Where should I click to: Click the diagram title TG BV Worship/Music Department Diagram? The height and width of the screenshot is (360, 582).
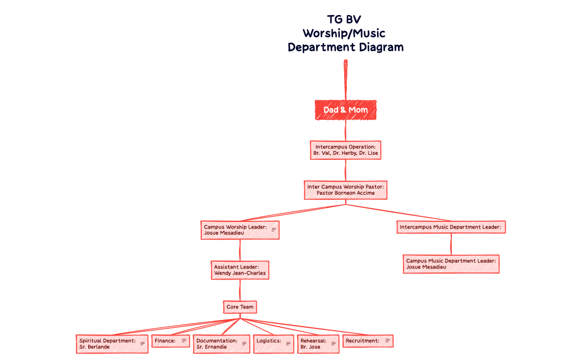(x=345, y=33)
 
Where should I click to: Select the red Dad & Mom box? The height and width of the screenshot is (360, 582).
(x=345, y=110)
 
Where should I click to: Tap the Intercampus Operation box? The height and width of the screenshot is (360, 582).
(x=345, y=150)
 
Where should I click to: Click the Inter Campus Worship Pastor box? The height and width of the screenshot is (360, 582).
(x=345, y=190)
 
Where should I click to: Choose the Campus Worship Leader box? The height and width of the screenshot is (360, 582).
(x=236, y=230)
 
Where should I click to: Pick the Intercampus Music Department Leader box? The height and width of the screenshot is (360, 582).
(x=451, y=227)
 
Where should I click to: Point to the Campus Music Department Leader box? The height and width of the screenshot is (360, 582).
(x=451, y=263)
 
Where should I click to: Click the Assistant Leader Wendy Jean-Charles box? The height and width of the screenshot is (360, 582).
(x=239, y=270)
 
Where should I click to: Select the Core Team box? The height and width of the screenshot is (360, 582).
(x=239, y=307)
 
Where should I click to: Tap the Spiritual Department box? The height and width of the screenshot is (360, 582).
(x=108, y=344)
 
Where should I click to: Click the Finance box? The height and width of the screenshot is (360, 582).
(x=165, y=341)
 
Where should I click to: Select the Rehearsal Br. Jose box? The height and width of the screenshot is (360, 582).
(x=314, y=344)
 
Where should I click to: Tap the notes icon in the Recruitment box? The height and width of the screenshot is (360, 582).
(x=387, y=341)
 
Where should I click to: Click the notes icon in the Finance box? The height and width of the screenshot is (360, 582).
(x=184, y=341)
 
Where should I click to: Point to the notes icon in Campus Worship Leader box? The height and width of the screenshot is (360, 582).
(x=273, y=230)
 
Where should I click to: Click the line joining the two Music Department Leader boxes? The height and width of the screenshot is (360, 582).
(x=451, y=244)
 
